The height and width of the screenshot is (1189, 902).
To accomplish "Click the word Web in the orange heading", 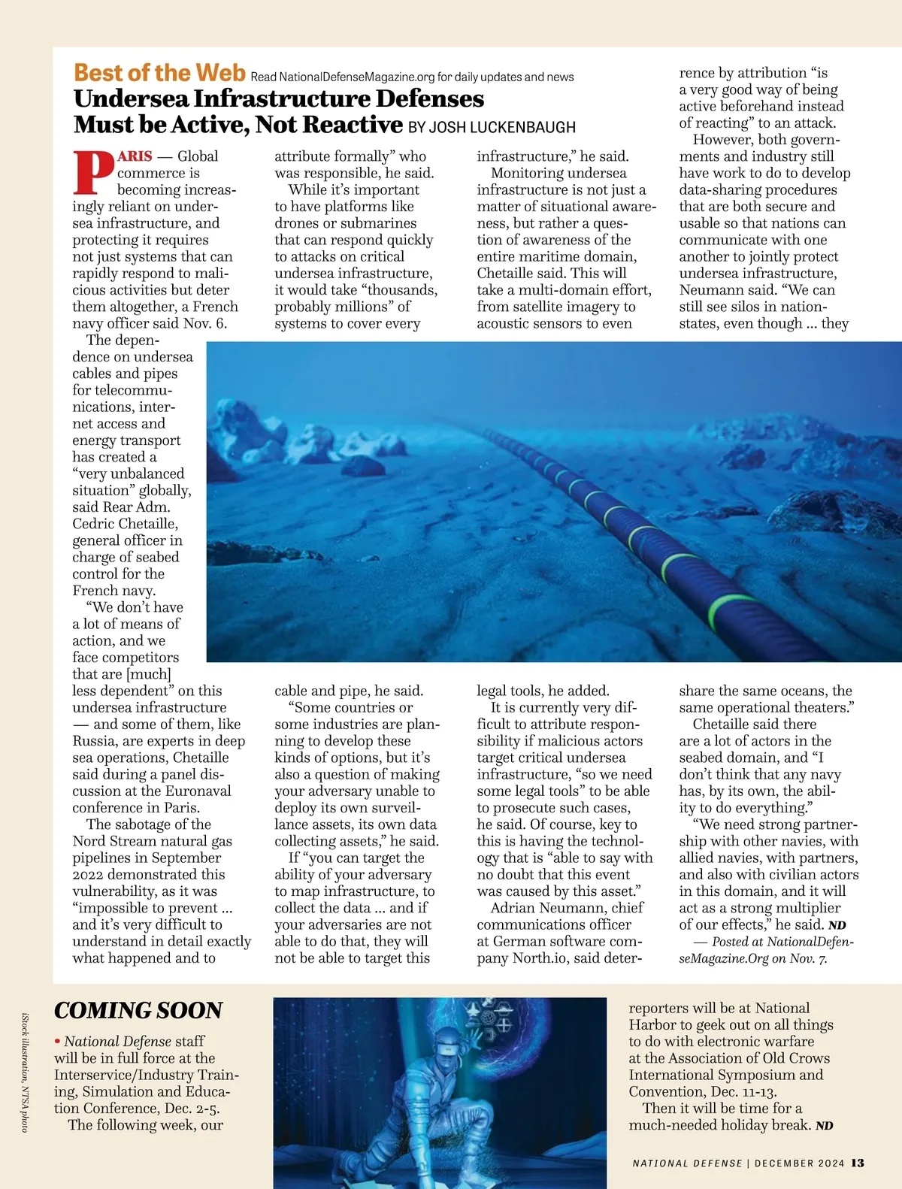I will (220, 73).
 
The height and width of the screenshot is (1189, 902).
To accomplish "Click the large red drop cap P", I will (93, 172).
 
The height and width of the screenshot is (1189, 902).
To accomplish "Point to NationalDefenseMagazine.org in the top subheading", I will (356, 77).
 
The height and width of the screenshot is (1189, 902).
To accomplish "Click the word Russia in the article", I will (95, 741).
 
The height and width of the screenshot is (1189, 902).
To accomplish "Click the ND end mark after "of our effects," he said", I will (837, 925).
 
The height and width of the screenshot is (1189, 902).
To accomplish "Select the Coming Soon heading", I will (138, 1011).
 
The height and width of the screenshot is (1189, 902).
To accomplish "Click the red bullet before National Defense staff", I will (57, 1042).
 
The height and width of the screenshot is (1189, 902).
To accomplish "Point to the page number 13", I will (857, 1163).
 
